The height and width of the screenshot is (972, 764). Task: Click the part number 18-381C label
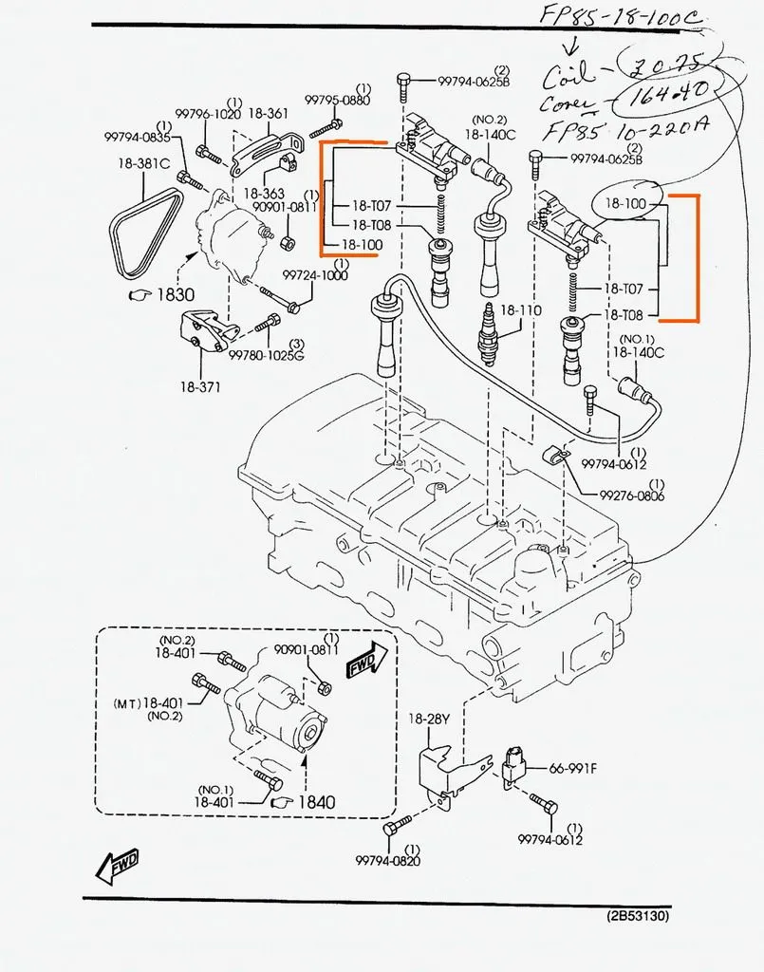pos(144,162)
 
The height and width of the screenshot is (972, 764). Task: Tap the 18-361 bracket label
pos(269,113)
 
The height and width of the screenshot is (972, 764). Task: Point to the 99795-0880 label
pos(337,100)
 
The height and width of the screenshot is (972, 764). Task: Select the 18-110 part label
pos(520,309)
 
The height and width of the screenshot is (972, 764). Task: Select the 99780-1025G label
pos(266,355)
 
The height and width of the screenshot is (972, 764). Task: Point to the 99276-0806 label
pos(631,495)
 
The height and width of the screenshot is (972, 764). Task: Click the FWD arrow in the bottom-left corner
pos(118,864)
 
